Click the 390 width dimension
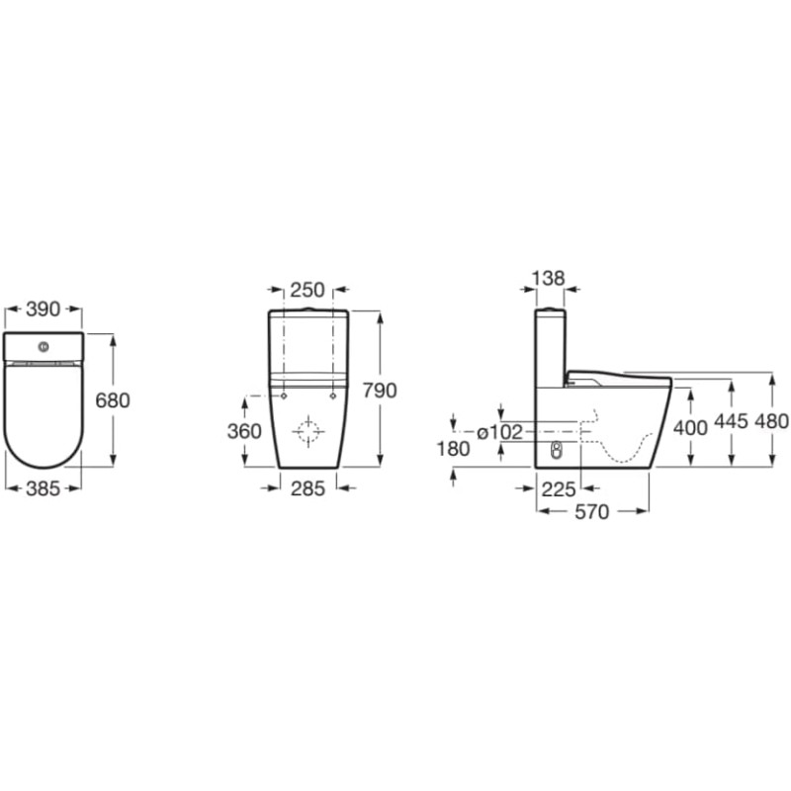coord(43,309)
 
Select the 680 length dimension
coord(113,400)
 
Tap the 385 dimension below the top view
coord(43,488)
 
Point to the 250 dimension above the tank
coord(308,290)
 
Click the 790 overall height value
coord(380,391)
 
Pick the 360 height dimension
coord(244,431)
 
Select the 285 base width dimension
coord(308,488)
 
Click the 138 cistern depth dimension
coord(549,278)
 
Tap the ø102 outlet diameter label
coord(499,432)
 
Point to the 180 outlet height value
coord(454,449)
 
